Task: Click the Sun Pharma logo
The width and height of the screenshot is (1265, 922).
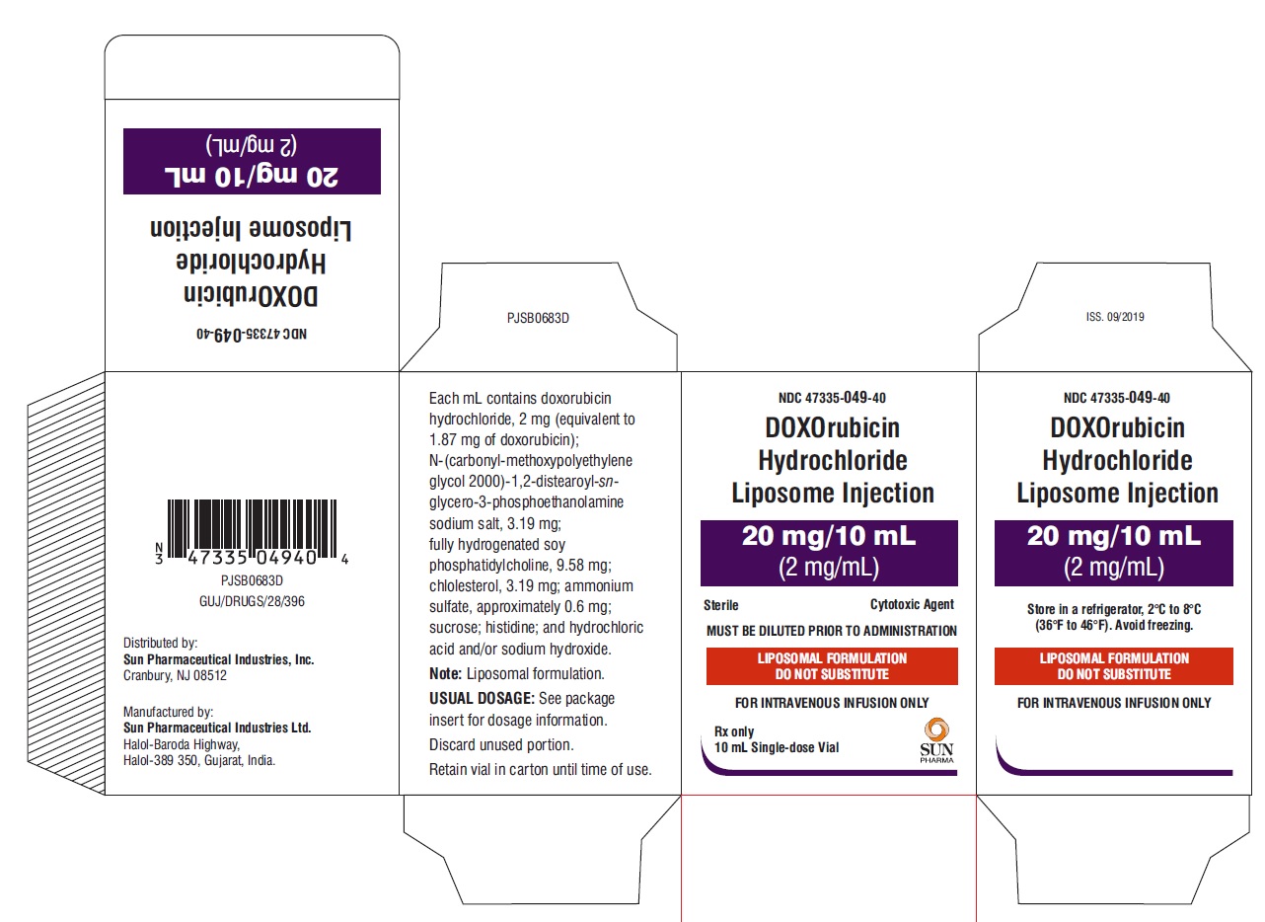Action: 936,740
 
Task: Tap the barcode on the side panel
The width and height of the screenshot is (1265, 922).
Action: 252,532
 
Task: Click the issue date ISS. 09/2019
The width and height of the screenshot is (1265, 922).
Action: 1115,317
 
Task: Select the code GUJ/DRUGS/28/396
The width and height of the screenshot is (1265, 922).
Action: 252,601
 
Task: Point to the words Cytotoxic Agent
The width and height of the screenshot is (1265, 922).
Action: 912,604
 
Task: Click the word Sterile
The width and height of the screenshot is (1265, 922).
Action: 721,605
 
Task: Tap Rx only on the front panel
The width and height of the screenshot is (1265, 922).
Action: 734,731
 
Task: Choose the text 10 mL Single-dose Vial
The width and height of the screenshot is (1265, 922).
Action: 777,747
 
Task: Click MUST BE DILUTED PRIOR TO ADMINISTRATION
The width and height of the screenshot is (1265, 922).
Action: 831,631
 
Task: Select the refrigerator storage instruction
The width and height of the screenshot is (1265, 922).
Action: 1114,617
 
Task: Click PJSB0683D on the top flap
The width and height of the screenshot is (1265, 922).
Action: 538,318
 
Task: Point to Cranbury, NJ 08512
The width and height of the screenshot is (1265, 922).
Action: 175,675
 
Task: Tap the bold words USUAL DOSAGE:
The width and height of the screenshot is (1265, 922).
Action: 482,698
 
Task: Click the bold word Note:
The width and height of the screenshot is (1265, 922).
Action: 446,673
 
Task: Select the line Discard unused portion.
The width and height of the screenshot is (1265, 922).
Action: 501,744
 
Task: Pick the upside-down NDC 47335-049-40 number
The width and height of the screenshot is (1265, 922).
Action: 252,334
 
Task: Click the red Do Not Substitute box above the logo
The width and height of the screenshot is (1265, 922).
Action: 832,666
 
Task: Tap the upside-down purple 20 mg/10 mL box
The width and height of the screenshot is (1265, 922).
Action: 252,161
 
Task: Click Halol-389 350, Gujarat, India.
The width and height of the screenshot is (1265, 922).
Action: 199,760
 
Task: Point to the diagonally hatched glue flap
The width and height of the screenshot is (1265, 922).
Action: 66,583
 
